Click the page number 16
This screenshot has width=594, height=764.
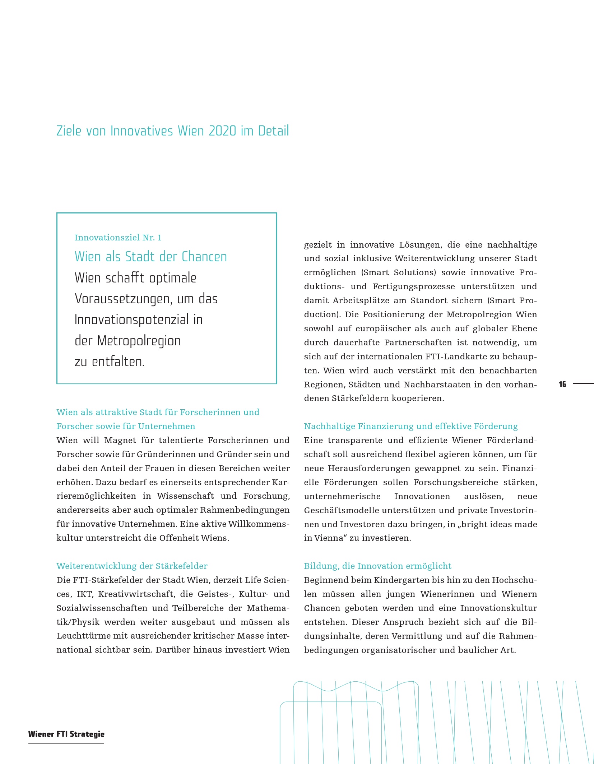point(562,384)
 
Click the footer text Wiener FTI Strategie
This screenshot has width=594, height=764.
point(66,734)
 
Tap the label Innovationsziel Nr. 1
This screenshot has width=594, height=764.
point(118,238)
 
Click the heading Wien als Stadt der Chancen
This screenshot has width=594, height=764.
point(150,257)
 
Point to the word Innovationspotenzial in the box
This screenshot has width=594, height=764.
point(131,319)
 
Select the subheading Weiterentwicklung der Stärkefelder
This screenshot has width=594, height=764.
point(132,566)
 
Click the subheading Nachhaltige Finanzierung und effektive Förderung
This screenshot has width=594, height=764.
point(411,426)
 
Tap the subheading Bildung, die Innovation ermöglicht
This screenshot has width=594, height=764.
point(377,566)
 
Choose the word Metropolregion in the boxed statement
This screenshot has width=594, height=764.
point(139,341)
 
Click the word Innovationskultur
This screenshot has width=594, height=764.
point(498,608)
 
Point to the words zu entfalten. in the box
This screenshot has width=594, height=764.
point(110,362)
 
